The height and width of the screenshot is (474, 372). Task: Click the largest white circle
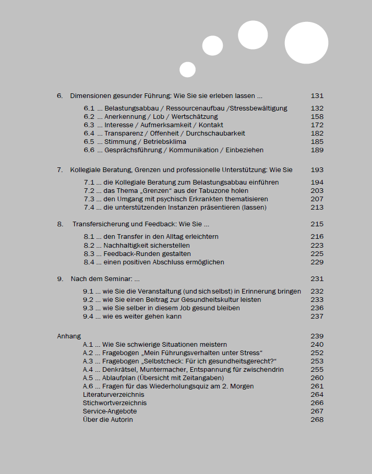(306, 43)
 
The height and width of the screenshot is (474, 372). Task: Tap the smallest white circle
(187, 69)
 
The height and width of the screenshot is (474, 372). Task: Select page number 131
(317, 96)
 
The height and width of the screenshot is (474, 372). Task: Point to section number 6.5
(89, 142)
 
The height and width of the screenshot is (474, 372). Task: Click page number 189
(317, 150)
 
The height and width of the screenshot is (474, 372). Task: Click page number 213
(317, 208)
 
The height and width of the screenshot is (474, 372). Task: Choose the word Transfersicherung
(99, 224)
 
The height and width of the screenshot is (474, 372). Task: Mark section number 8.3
(89, 254)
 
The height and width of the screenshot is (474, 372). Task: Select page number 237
(317, 317)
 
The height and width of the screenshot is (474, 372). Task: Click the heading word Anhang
(69, 336)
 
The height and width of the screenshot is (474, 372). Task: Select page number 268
(317, 420)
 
